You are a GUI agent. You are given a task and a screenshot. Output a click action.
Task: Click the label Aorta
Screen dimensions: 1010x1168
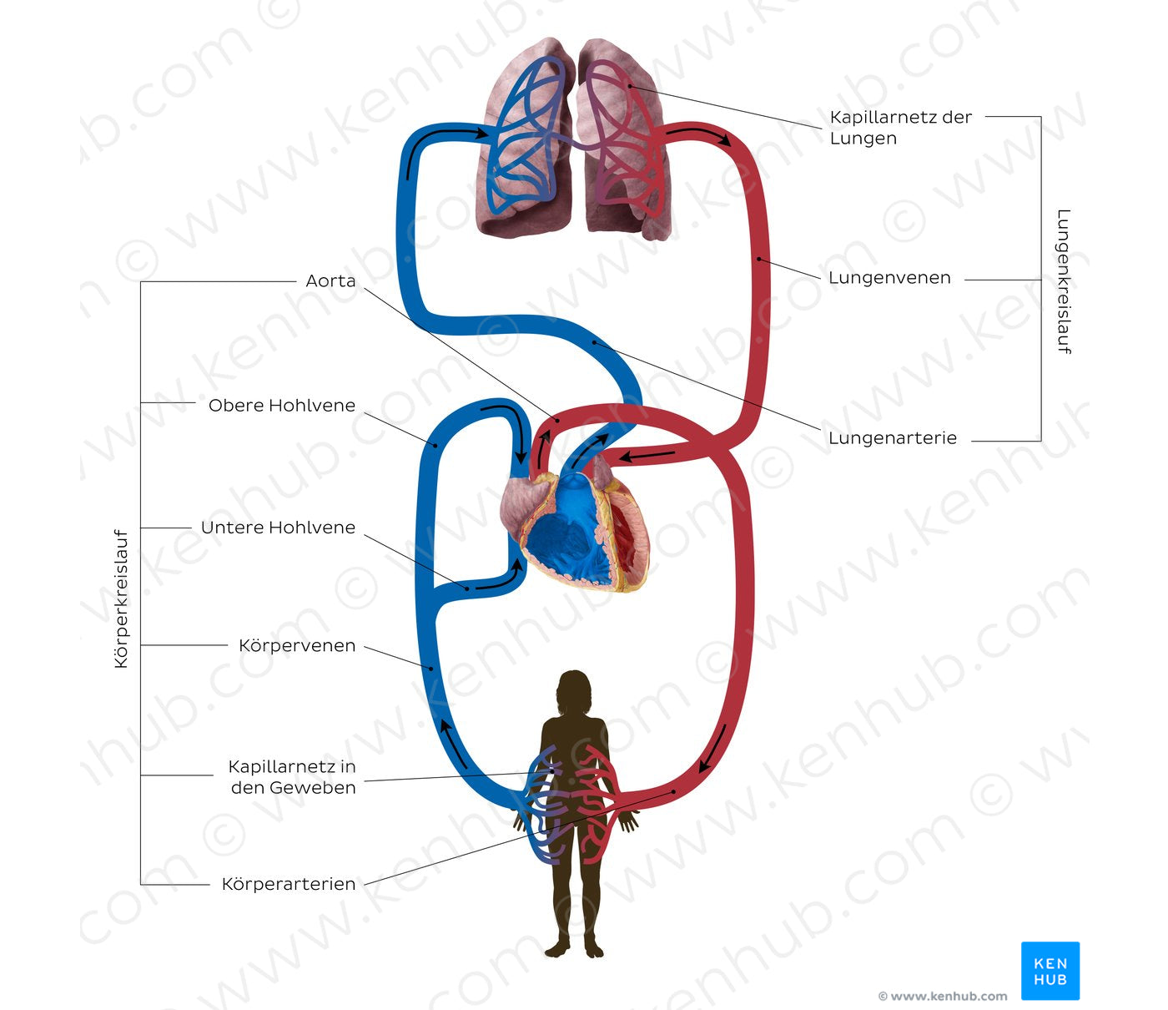tap(330, 281)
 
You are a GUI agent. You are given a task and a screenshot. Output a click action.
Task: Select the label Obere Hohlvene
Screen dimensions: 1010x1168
tap(282, 406)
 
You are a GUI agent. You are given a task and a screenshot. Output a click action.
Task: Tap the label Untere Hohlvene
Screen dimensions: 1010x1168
tap(278, 528)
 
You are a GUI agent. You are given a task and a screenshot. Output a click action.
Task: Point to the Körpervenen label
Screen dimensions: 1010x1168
tap(297, 646)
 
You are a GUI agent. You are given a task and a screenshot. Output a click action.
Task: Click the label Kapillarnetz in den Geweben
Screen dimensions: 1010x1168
tap(292, 777)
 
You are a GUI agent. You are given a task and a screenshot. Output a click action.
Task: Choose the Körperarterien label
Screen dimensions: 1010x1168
tap(289, 884)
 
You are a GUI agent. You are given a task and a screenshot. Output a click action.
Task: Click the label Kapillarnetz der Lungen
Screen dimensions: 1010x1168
tap(900, 128)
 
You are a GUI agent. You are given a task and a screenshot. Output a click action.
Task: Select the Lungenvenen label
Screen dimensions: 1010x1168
tap(889, 278)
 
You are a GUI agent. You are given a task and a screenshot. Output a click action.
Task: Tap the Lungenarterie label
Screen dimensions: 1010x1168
tap(893, 438)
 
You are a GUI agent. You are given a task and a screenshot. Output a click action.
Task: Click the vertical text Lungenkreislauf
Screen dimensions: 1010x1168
tap(1063, 281)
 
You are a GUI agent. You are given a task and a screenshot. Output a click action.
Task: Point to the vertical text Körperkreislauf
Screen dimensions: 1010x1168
tap(122, 598)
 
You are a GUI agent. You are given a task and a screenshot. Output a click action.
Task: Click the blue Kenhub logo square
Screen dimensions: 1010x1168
tap(1050, 971)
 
